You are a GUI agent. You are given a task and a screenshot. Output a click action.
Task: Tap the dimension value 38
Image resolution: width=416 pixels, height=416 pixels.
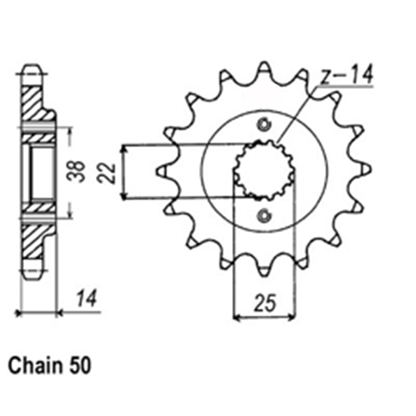(76, 171)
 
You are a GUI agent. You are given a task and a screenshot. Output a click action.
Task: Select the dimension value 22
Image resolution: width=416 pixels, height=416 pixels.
(106, 173)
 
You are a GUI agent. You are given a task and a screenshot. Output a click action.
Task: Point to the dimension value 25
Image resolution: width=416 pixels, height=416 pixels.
(265, 302)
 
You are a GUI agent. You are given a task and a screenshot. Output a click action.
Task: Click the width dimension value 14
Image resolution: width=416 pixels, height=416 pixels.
(87, 298)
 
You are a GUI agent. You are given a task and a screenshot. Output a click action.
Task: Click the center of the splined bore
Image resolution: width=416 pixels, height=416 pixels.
(264, 170)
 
